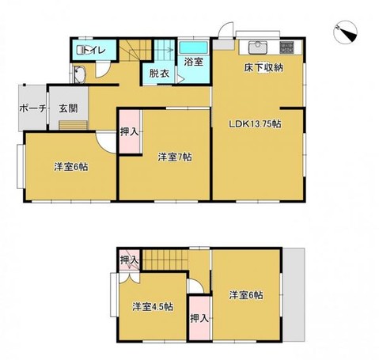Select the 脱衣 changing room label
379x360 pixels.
pos(159,74)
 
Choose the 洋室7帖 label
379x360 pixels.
pos(172,156)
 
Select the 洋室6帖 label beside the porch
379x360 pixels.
pos(70,167)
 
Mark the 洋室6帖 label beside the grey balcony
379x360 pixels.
pos(246,295)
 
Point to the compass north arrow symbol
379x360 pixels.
pos(347,32)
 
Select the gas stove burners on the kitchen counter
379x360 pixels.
pos(288,46)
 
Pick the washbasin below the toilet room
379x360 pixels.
pos(80,77)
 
